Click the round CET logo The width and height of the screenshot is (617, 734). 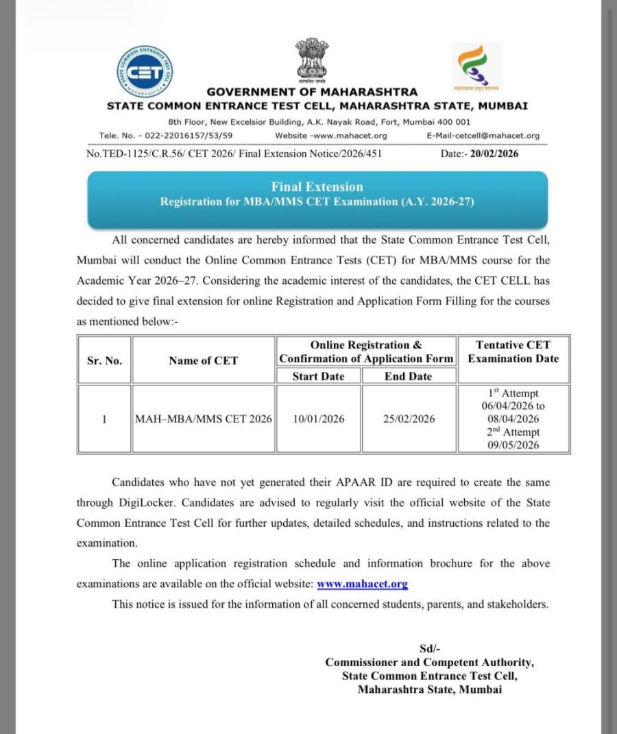pos(145,71)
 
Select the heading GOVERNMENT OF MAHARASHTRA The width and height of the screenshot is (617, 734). pos(312,92)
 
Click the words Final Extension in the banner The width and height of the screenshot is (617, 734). pos(317,187)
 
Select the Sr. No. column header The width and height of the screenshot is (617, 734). pos(105,360)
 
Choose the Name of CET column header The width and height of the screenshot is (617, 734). pos(203,360)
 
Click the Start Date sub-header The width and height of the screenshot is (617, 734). pos(318,376)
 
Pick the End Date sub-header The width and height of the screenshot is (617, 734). pos(408,376)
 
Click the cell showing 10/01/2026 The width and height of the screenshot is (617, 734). pos(318,419)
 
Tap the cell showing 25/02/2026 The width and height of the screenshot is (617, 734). pos(409,419)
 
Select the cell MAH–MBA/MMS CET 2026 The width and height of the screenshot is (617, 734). pos(203,419)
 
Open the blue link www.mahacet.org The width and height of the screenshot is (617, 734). pos(362,584)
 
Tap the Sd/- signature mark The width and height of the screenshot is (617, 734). pos(430,649)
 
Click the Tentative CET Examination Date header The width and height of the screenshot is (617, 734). pos(513,352)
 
